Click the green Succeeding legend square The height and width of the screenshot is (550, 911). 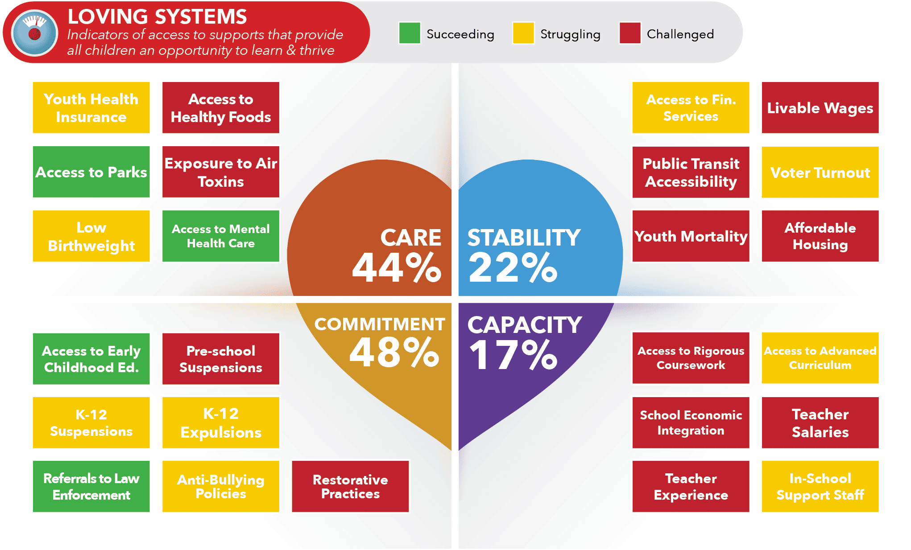410,33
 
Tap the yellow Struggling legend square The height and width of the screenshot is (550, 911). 523,33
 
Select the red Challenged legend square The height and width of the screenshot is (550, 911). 630,33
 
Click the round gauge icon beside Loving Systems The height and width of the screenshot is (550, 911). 34,33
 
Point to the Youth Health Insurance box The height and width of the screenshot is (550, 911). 91,107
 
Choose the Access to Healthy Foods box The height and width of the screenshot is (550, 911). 221,107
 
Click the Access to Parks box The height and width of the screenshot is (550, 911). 91,172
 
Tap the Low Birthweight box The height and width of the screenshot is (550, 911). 91,236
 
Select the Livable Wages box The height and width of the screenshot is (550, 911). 820,107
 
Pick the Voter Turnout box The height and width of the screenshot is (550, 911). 820,172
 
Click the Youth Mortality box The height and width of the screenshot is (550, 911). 691,236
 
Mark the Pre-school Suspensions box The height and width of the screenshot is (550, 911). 221,359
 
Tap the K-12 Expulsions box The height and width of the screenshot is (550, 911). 221,423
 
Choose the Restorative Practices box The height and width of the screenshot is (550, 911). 350,486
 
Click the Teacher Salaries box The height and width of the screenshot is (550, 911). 820,423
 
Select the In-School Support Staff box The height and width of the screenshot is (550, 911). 820,486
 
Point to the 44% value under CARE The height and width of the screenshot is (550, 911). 397,267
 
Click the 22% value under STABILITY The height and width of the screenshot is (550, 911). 513,267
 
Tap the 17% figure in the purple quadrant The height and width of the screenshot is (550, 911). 513,355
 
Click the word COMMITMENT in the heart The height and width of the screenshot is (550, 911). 380,324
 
